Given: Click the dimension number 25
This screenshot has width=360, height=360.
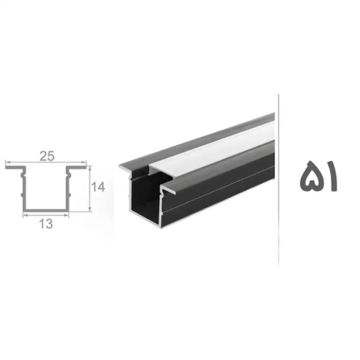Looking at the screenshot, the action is coord(47,156).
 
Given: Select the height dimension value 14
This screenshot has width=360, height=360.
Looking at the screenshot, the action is coord(98,187).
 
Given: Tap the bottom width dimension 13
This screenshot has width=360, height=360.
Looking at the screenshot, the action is coord(46,224).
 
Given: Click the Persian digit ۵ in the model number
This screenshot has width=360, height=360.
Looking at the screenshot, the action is coord(310,176).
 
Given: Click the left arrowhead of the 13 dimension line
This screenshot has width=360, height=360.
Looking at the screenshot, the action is coord(26,215).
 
